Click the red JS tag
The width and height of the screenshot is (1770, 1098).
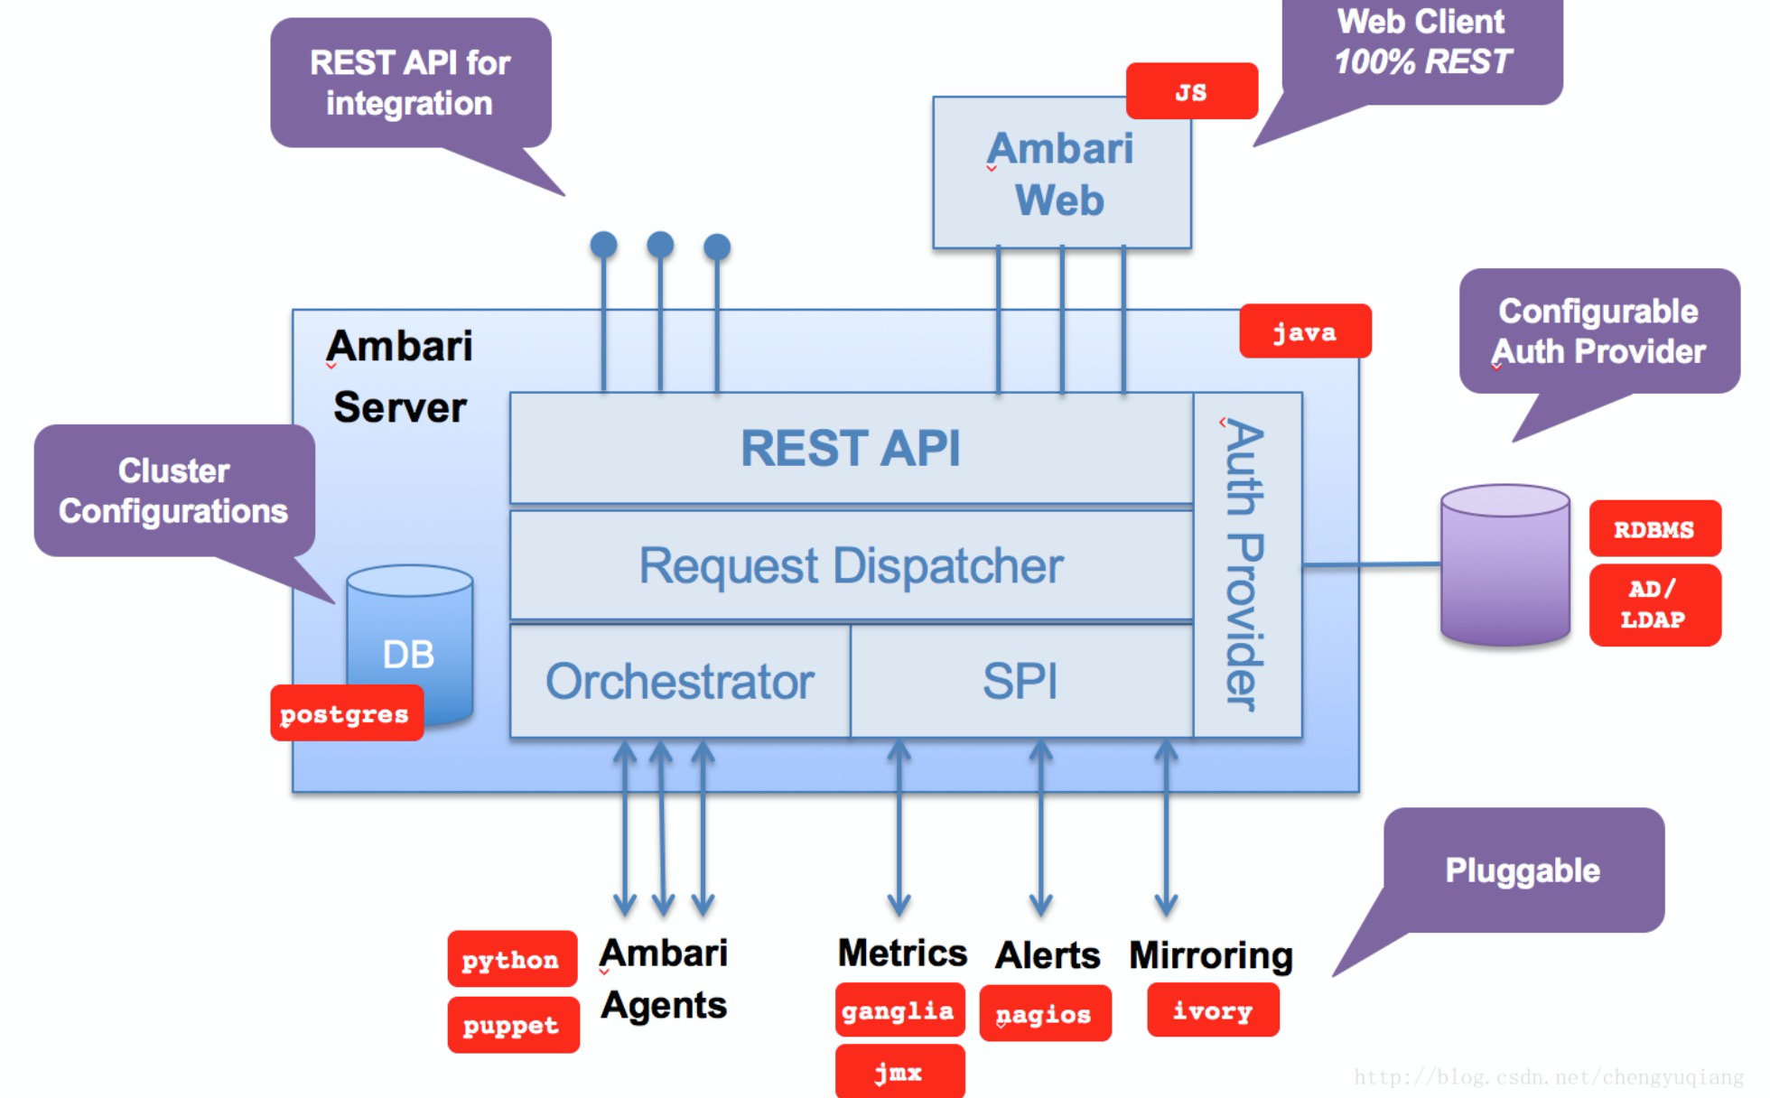tap(1191, 91)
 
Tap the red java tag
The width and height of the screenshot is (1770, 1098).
tap(1304, 331)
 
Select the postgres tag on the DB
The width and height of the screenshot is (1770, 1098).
tap(346, 713)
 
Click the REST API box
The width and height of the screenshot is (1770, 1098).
tap(851, 448)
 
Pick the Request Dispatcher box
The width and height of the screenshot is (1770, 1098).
tap(851, 566)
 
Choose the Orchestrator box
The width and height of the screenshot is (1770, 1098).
tap(679, 681)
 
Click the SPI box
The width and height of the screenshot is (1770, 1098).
tap(1020, 681)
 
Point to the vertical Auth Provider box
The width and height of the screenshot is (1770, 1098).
tap(1247, 564)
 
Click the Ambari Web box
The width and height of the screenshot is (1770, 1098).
tap(1061, 173)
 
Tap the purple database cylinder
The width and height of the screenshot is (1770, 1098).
tap(1504, 565)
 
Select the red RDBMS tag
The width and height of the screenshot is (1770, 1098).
tap(1654, 528)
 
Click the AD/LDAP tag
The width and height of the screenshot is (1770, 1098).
tap(1654, 604)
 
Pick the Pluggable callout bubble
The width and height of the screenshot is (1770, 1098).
tap(1523, 870)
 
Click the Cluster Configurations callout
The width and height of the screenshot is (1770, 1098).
tap(173, 490)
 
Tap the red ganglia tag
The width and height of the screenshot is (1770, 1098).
tap(899, 1010)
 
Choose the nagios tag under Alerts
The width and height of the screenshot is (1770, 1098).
tap(1044, 1014)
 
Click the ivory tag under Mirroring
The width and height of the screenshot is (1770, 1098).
tap(1212, 1010)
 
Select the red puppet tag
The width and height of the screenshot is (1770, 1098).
tap(512, 1025)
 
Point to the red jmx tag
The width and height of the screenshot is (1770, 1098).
tap(899, 1072)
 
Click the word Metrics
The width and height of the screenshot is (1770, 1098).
tap(901, 953)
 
